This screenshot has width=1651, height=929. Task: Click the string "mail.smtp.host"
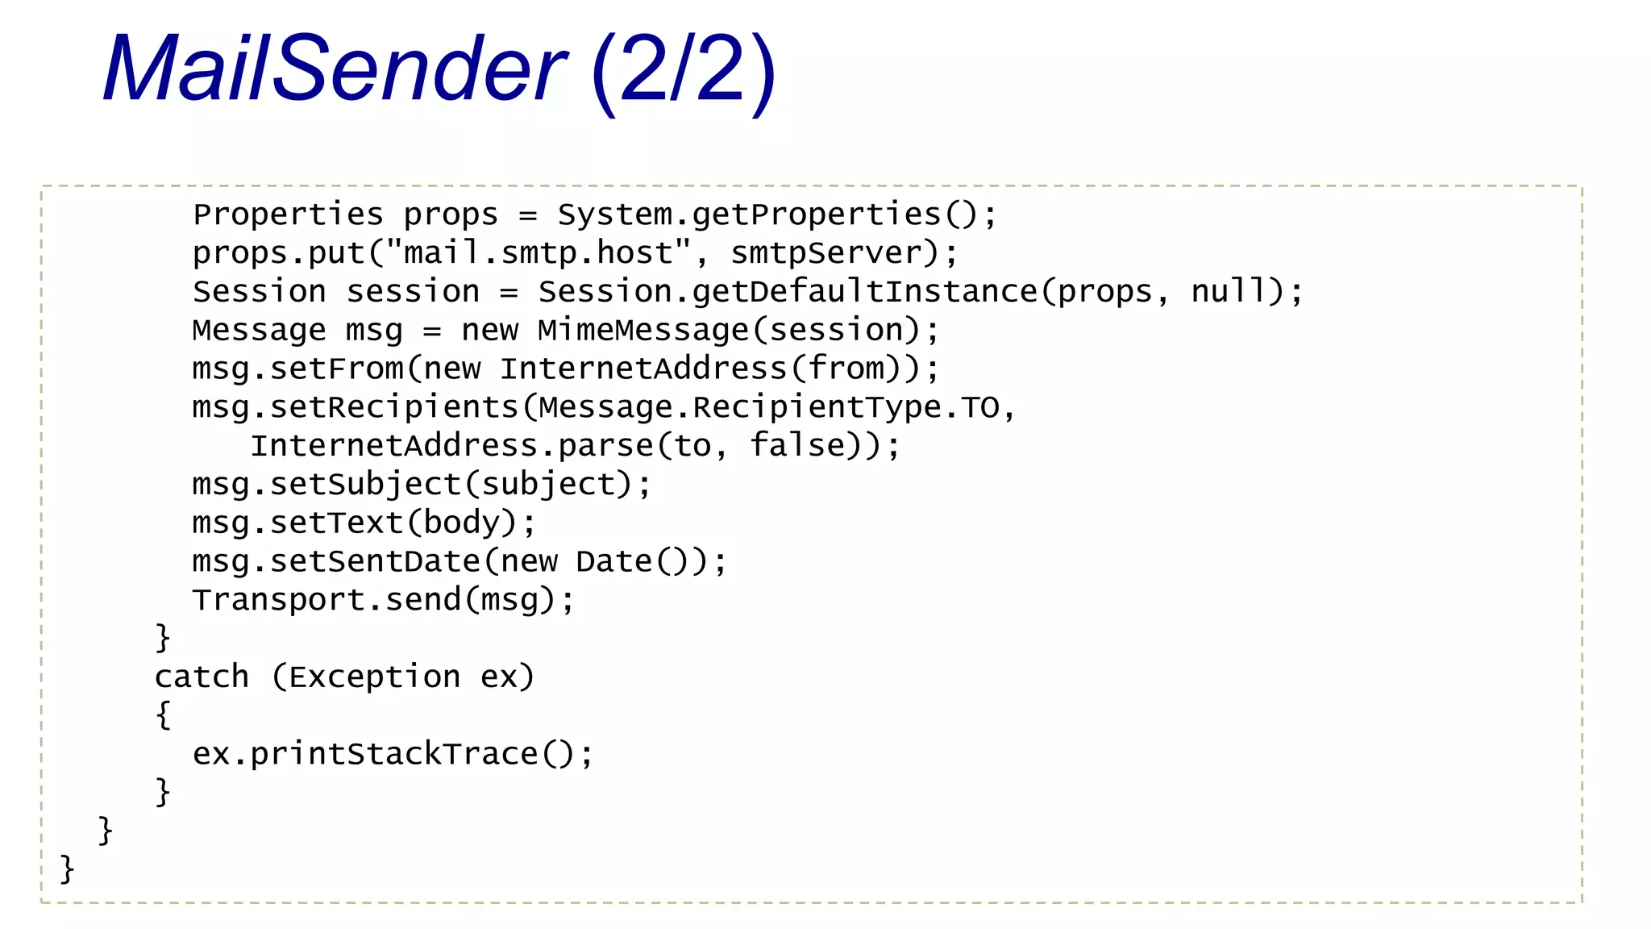539,253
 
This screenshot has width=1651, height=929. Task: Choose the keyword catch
202,677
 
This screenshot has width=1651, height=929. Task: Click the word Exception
374,677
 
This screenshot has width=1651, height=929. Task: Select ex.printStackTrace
364,754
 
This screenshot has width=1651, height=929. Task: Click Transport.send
327,600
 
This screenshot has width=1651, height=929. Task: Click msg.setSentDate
335,561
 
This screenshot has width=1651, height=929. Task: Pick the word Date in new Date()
613,561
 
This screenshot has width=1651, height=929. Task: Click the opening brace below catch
164,714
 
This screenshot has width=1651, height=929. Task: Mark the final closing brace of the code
68,869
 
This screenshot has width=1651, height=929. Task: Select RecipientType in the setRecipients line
816,407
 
